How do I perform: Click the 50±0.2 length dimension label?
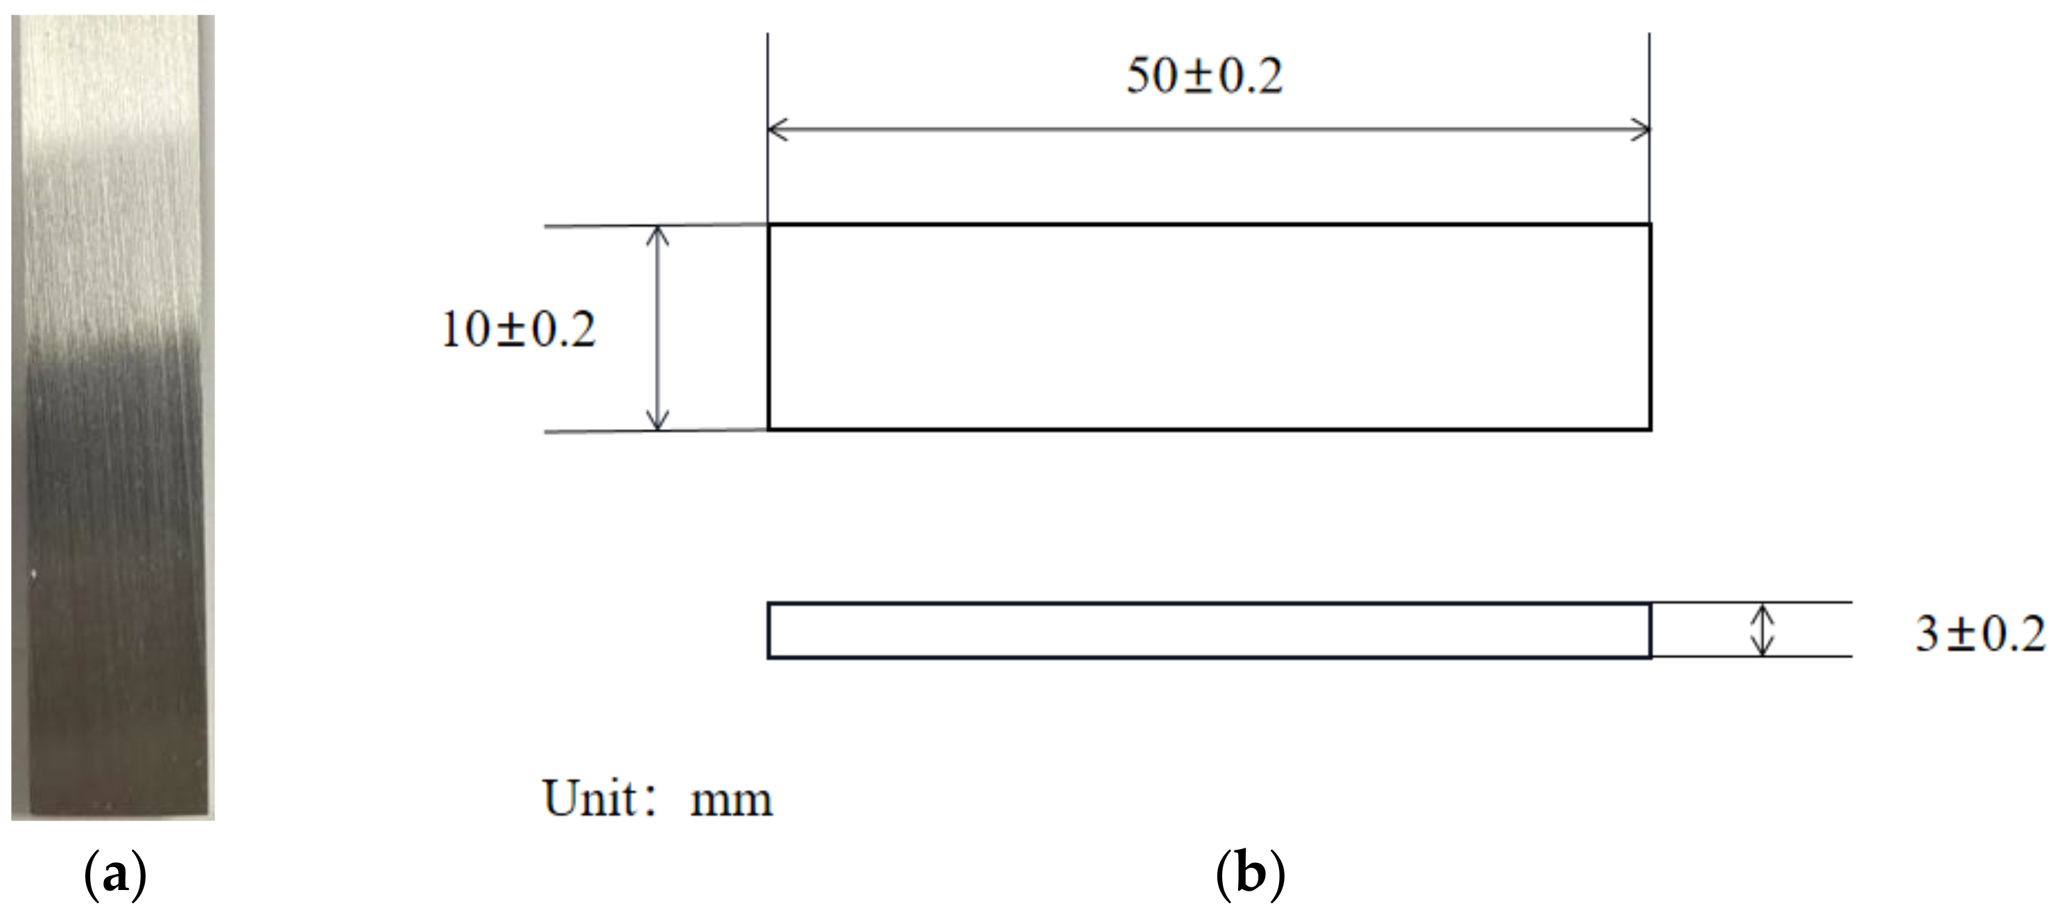[1203, 78]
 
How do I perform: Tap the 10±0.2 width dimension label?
[518, 329]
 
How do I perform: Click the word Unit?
[590, 798]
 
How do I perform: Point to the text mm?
[731, 801]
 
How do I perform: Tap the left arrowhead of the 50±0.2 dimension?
[775, 130]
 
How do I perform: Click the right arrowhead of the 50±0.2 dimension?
[1641, 130]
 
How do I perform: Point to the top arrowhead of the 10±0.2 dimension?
[658, 234]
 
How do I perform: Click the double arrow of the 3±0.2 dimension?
[1762, 630]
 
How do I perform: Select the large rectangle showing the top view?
[1209, 328]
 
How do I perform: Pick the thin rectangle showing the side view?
[1209, 631]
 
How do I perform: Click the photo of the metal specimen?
[113, 416]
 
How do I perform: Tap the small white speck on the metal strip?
[33, 573]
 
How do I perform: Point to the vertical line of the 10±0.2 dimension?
[658, 329]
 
